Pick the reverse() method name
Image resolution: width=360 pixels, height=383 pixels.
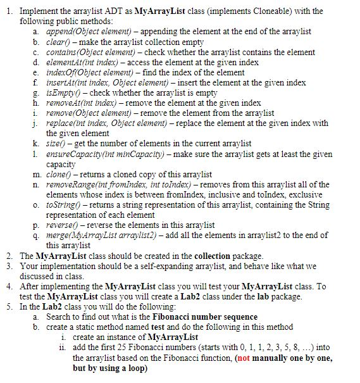61,225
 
